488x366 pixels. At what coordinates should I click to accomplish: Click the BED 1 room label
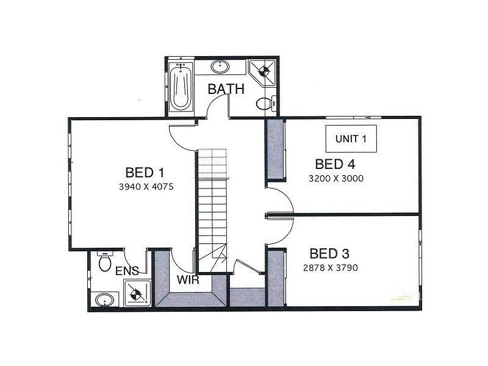(x=145, y=172)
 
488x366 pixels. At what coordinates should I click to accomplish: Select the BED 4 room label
(x=335, y=164)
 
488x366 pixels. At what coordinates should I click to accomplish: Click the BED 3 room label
(x=329, y=253)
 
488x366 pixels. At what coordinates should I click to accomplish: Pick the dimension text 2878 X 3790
(x=329, y=268)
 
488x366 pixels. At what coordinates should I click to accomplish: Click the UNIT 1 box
(x=351, y=138)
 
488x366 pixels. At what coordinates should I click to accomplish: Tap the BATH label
(x=226, y=89)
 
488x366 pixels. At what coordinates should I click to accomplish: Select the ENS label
(x=126, y=271)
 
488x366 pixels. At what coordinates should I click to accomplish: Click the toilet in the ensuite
(x=104, y=263)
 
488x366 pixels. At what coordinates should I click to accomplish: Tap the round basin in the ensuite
(x=105, y=300)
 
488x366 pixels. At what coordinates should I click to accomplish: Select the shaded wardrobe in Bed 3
(x=276, y=279)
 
